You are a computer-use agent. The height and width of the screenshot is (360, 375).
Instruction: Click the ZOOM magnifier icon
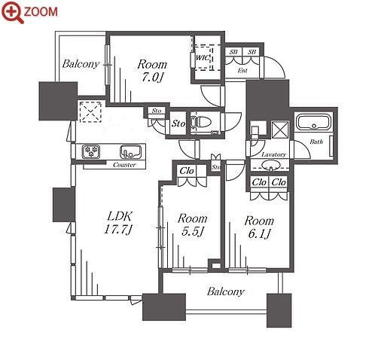coord(12,12)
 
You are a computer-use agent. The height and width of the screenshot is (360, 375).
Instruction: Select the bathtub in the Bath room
coord(313,122)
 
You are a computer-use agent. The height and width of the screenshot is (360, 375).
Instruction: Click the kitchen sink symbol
coord(130,151)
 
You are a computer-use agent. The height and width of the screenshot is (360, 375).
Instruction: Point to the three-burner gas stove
coord(91,151)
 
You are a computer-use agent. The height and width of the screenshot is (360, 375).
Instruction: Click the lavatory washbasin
coord(270,165)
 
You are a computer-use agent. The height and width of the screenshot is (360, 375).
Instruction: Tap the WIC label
coord(203,58)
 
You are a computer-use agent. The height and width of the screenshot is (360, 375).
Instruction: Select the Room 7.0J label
coord(152,71)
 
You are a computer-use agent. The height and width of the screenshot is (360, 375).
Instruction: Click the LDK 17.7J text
coord(117,222)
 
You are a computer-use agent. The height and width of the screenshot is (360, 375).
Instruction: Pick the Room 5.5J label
coord(192,225)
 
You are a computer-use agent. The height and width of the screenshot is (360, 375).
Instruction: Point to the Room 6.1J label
coord(259,227)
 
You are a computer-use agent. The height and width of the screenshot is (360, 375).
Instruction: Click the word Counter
coord(124,165)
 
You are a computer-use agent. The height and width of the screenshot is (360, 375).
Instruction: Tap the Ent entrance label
coord(242,71)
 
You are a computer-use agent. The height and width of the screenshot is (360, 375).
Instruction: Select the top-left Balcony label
coord(81,64)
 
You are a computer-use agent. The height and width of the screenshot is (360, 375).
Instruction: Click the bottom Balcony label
coord(225,291)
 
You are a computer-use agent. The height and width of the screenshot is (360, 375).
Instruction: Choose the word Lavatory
coord(273,154)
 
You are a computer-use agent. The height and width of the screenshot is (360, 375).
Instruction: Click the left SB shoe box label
coord(233,52)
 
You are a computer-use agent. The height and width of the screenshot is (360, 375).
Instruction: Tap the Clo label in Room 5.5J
coord(187,171)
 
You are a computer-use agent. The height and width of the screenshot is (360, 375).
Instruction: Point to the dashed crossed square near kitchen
coord(90,112)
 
